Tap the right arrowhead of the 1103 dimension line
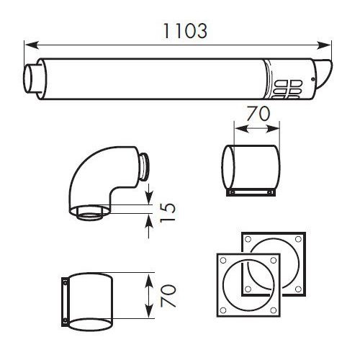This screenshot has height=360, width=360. coord(328,42)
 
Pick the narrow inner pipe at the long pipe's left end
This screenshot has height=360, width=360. coord(32,76)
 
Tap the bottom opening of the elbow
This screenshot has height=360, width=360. coord(91,215)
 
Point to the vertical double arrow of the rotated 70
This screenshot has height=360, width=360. coord(150,296)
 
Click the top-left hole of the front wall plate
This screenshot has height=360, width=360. coord(223,261)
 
